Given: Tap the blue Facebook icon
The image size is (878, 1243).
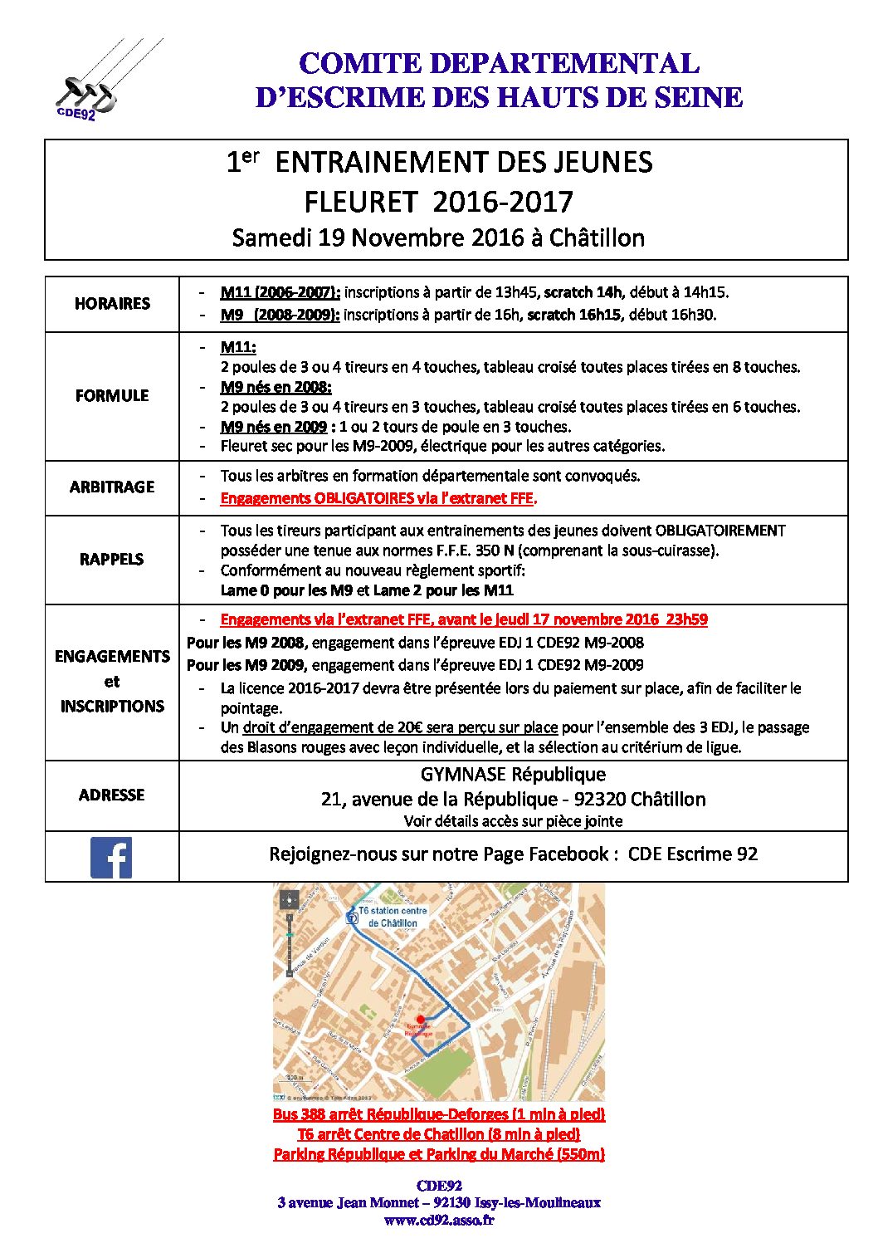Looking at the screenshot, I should tap(111, 857).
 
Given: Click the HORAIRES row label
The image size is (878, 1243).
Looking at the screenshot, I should tap(112, 304).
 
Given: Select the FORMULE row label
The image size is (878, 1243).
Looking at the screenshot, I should tap(112, 396).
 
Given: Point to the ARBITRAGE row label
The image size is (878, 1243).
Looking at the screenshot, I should tap(112, 487).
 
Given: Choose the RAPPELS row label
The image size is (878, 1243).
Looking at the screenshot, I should tap(112, 560).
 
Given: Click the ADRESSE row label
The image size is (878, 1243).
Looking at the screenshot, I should tap(112, 795).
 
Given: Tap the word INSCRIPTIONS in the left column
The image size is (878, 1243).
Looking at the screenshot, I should tap(112, 707).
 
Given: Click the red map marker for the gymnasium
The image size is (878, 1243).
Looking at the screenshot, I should tap(420, 1019).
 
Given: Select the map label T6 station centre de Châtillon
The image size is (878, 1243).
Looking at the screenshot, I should tap(393, 917).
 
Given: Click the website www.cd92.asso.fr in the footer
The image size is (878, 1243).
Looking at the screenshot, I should tap(439, 1220).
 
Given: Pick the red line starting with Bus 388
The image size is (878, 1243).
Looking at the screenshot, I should tap(439, 1114).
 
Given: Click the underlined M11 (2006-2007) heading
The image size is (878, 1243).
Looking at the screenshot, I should tap(280, 292).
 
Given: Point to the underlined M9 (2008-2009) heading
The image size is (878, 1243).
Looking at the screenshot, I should tap(280, 315).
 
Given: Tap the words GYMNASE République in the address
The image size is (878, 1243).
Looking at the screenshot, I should tap(513, 775).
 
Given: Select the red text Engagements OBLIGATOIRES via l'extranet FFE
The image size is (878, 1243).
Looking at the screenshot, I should tap(378, 498).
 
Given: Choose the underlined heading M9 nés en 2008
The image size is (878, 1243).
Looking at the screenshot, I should tap(276, 387).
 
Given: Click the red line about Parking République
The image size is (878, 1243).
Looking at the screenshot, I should tap(439, 1154).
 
